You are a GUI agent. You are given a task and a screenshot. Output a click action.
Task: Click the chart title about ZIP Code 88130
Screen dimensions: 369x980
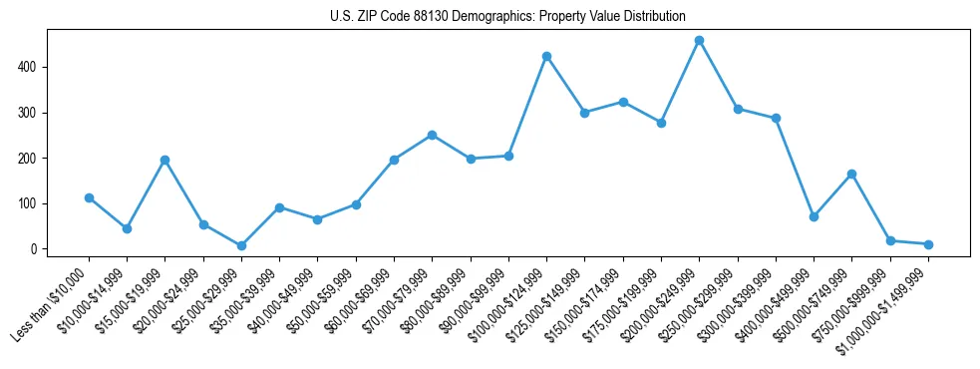pos(507,17)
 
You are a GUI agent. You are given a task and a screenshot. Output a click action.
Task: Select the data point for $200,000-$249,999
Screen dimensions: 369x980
pos(699,41)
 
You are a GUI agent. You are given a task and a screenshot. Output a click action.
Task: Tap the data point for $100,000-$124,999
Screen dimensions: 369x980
pos(546,57)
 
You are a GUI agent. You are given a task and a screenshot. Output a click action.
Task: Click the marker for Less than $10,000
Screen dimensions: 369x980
pos(89,197)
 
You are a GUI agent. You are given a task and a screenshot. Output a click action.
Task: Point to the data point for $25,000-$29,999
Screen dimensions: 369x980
pos(241,245)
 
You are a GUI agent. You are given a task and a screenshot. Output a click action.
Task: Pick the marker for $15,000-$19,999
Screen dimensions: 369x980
pos(165,160)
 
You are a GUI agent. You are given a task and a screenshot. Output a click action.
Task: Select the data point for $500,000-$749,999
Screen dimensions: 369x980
pos(851,175)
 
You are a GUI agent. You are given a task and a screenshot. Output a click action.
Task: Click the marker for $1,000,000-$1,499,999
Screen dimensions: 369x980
pos(928,244)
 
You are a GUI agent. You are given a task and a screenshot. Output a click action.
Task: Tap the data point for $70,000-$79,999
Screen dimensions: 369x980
pos(432,135)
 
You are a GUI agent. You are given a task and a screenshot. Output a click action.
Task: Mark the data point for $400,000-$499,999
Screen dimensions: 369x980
pos(814,216)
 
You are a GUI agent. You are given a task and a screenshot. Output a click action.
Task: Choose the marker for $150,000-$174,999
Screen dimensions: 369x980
pos(623,102)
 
